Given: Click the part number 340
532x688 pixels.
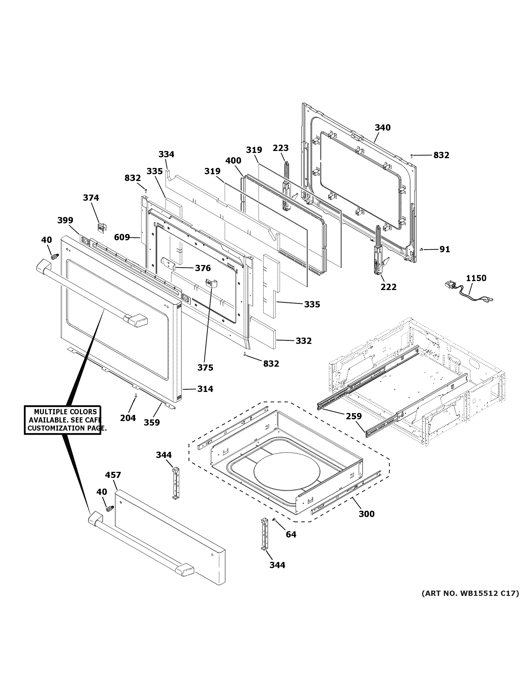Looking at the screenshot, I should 382,128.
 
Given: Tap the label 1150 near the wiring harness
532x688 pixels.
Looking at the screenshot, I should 476,278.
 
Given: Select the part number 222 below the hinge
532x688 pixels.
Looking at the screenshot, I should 388,287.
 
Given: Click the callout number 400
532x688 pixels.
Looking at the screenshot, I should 233,161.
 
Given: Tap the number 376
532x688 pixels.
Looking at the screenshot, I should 203,268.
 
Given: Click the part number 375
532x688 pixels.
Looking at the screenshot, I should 205,368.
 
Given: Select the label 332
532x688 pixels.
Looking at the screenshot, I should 304,341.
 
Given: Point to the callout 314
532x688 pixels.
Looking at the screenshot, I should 205,389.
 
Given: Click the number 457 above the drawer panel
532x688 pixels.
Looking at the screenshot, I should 113,475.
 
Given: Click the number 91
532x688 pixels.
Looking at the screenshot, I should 444,249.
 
